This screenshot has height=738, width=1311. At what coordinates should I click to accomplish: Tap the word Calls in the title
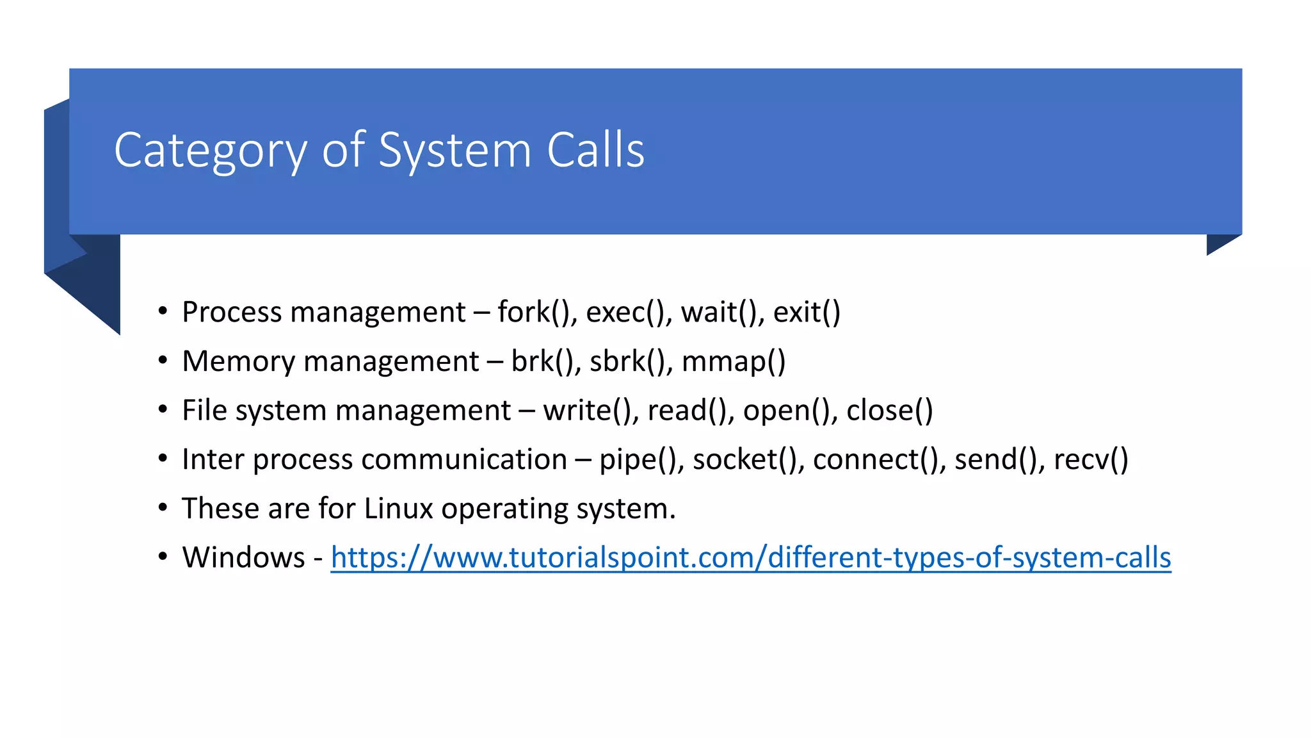[x=595, y=150]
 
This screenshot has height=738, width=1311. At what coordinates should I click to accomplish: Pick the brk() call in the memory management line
[x=542, y=362]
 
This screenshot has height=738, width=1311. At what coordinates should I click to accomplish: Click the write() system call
[x=587, y=411]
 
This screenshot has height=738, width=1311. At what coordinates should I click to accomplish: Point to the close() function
[x=889, y=411]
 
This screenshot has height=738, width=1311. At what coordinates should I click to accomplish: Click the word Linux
[x=399, y=509]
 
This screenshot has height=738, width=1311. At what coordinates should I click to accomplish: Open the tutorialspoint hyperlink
[x=750, y=558]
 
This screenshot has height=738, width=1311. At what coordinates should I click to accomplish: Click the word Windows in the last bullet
[x=243, y=558]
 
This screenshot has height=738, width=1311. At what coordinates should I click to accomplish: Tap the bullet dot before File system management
[x=163, y=409]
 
